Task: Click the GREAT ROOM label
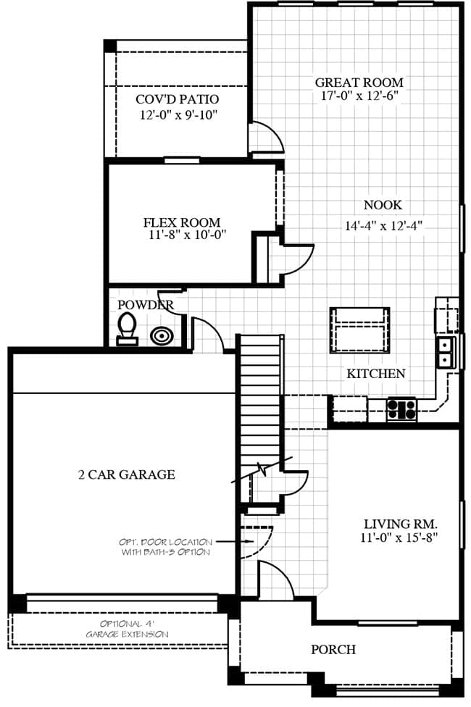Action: [x=359, y=83]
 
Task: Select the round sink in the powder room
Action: [x=161, y=336]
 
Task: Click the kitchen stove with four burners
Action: [x=401, y=409]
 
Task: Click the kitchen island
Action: [x=359, y=330]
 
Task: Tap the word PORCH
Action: [x=333, y=649]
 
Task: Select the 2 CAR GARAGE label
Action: [x=127, y=474]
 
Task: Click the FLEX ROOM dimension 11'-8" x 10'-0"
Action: [x=187, y=235]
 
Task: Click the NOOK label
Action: [x=383, y=205]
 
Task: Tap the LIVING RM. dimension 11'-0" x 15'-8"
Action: [x=400, y=537]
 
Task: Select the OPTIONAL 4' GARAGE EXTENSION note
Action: [x=128, y=629]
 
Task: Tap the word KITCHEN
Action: [x=376, y=373]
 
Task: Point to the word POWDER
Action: [x=145, y=305]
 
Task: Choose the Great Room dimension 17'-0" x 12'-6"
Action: [x=359, y=96]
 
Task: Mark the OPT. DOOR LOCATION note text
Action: [x=165, y=547]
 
